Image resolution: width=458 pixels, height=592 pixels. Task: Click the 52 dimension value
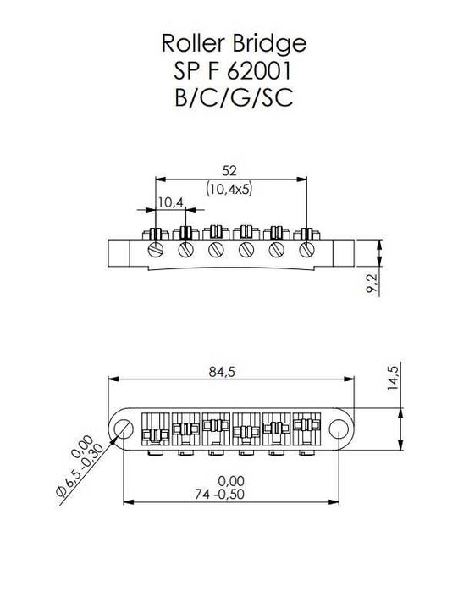point(229,169)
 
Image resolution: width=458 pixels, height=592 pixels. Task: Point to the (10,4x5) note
point(229,190)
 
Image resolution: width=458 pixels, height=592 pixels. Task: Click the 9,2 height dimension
point(372,284)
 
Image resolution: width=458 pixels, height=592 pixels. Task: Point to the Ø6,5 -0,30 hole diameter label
point(84,472)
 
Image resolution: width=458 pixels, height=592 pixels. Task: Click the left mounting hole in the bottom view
point(124,427)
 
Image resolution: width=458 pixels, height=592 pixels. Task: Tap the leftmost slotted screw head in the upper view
point(155,250)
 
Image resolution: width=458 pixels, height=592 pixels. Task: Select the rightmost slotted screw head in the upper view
point(306,250)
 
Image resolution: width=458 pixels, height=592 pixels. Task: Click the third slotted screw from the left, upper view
point(215,250)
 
